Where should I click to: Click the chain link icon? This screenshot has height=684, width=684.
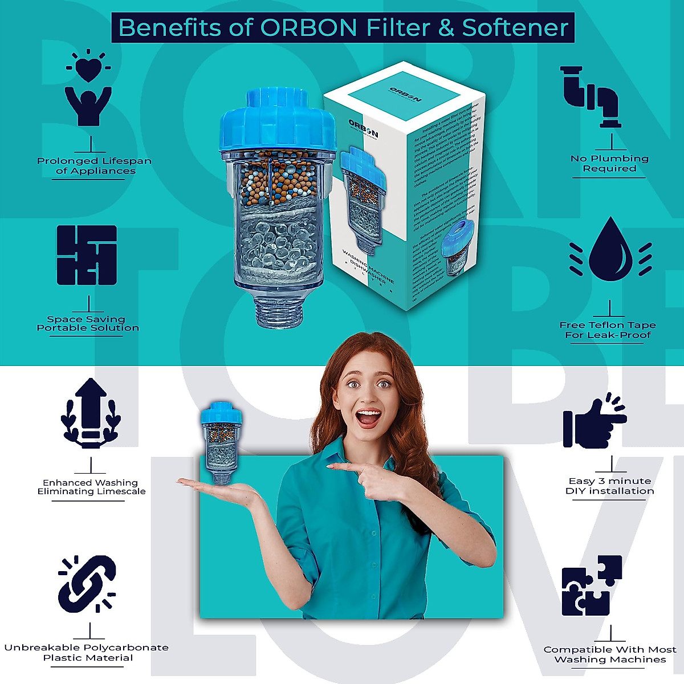point(87,584)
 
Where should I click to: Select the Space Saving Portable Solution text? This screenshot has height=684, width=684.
point(88,323)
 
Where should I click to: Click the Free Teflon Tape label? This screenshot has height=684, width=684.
point(608,330)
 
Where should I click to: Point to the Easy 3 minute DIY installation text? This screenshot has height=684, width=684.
point(609,486)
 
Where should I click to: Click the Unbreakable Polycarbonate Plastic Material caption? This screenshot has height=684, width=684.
point(87,653)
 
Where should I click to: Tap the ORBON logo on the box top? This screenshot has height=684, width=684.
point(405,94)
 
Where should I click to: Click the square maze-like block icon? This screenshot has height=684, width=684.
point(87,255)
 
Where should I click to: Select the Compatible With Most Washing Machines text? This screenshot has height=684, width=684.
point(609,654)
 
